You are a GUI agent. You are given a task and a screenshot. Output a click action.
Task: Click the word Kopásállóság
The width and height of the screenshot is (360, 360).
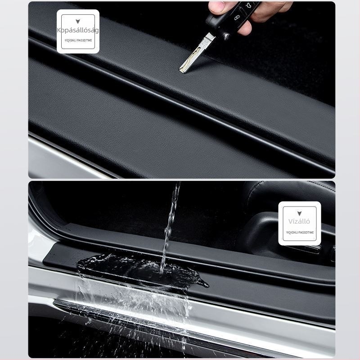[x=78, y=30]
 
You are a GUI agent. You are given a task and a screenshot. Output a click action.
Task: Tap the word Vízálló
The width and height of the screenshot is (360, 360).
[x=299, y=221]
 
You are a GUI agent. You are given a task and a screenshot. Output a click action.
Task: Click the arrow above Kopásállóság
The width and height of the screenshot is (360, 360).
[x=78, y=21]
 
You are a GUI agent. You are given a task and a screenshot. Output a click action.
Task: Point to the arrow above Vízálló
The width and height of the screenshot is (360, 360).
[x=299, y=214]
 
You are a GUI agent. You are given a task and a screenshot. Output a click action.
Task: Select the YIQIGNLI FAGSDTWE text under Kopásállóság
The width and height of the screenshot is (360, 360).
[x=78, y=40]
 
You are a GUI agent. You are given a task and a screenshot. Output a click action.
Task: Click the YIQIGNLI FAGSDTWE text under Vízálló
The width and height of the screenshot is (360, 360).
[x=300, y=233]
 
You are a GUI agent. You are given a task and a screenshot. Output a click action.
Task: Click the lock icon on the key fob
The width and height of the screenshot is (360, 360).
[x=237, y=18]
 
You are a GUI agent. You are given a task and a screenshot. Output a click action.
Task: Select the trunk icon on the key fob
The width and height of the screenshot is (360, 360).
[x=248, y=5]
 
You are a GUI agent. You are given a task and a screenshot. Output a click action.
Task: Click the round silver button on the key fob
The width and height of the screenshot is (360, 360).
[x=226, y=36]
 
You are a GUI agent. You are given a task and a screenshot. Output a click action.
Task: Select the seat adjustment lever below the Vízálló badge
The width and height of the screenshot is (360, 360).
[x=298, y=247]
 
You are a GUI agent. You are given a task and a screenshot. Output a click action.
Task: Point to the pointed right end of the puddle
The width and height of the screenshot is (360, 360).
[x=208, y=286]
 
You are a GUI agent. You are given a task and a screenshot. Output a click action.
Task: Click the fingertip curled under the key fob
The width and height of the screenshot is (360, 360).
[x=245, y=29]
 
